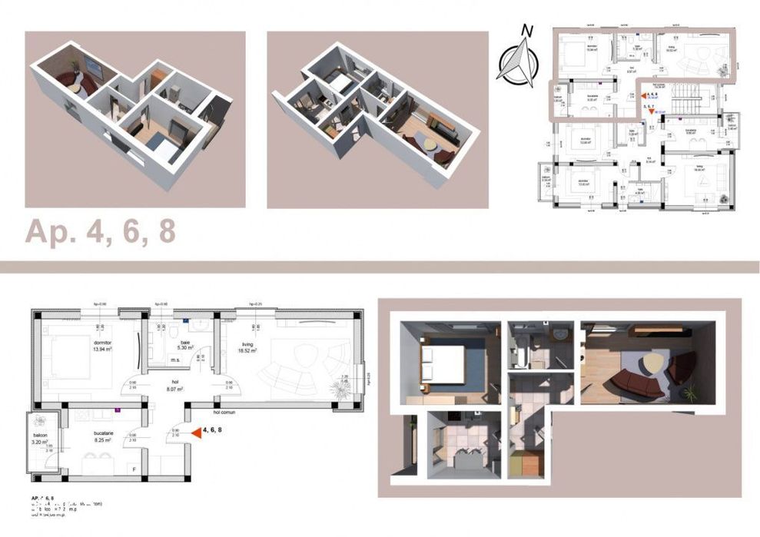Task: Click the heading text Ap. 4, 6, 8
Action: click(101, 232)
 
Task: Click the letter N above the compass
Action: click(527, 31)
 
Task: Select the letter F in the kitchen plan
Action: click(135, 468)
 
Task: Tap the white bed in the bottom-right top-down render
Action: click(444, 360)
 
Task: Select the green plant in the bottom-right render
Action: click(690, 393)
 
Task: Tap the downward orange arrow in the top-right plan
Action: click(652, 111)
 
